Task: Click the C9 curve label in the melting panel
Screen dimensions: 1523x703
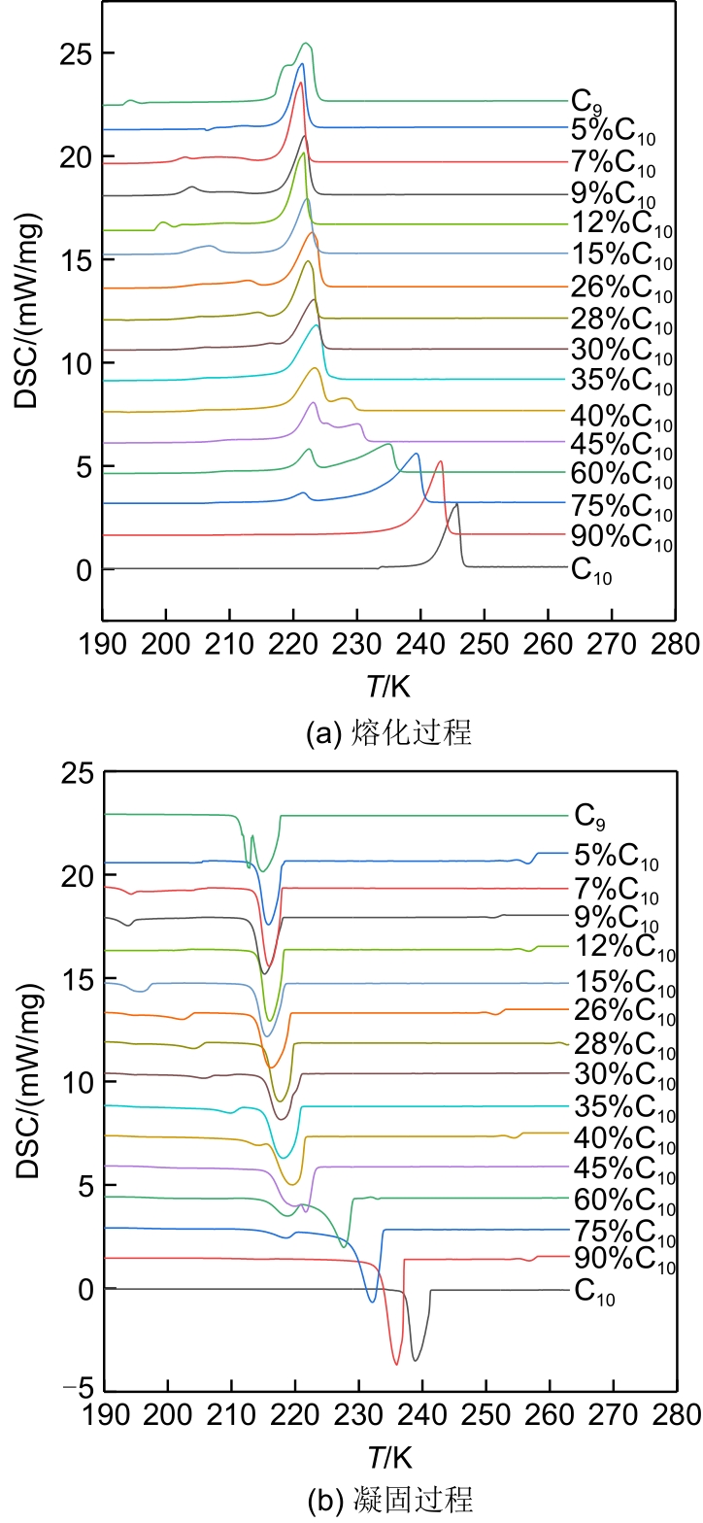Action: pyautogui.click(x=583, y=100)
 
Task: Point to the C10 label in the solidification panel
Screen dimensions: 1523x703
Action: pyautogui.click(x=593, y=1293)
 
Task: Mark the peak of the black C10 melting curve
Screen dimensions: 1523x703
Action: pyautogui.click(x=456, y=503)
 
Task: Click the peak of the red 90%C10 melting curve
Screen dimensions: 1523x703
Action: pyautogui.click(x=440, y=461)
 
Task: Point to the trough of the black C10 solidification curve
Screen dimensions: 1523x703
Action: pyautogui.click(x=416, y=1360)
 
